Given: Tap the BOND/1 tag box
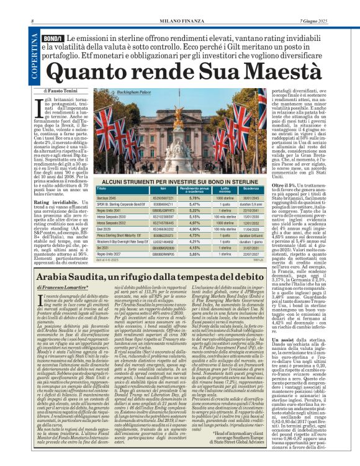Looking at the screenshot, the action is (x=53, y=39).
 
